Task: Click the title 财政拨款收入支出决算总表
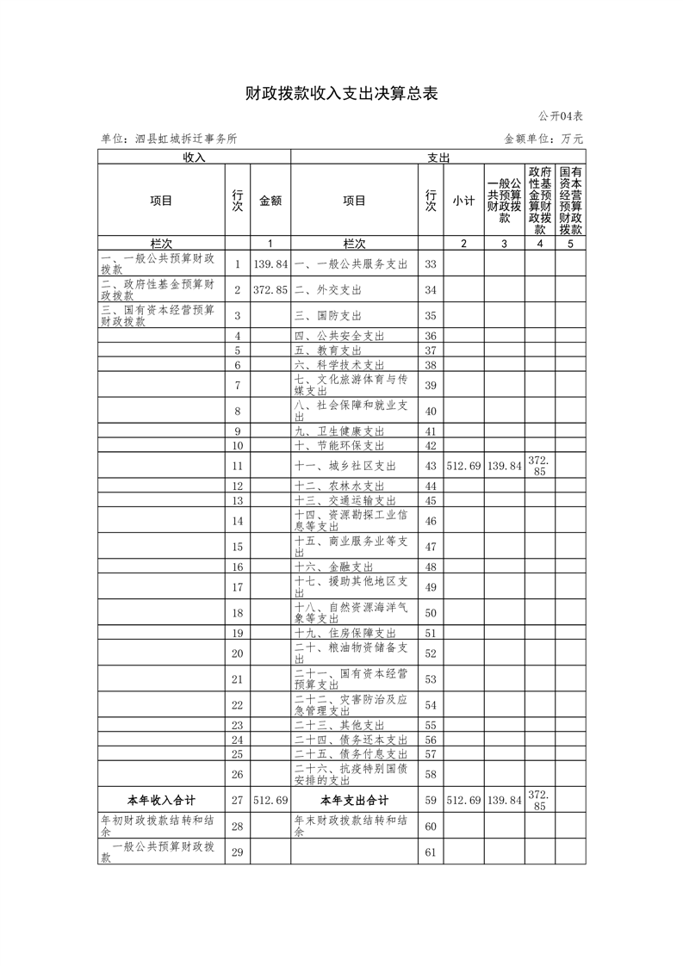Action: click(x=342, y=94)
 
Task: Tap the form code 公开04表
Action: click(x=562, y=116)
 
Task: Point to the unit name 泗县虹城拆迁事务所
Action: click(x=169, y=138)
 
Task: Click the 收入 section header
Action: click(x=194, y=158)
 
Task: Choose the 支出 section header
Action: click(x=438, y=158)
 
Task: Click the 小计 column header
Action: click(x=463, y=201)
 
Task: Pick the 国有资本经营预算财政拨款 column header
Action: click(x=570, y=201)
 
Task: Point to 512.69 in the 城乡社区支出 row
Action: click(x=463, y=466)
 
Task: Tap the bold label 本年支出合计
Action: click(x=354, y=800)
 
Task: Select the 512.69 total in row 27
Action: click(x=270, y=800)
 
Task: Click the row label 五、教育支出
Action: click(x=327, y=350)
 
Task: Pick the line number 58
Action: click(x=432, y=774)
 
